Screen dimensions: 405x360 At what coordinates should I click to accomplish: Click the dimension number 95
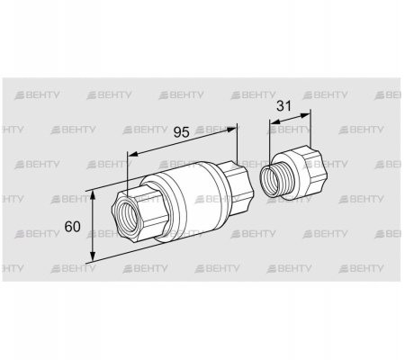(182, 132)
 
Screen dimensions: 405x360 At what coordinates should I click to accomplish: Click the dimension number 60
(72, 227)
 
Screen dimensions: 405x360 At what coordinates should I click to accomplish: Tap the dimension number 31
(283, 106)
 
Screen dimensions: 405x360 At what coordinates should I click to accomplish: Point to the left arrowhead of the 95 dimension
(133, 154)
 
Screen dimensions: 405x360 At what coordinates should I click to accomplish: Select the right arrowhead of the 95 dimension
(231, 130)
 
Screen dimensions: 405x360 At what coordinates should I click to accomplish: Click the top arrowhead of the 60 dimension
(93, 195)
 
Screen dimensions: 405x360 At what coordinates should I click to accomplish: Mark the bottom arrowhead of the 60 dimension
(93, 256)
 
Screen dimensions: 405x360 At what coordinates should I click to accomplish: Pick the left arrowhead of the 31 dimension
(274, 121)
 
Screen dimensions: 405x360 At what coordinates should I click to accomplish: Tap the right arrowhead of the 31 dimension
(305, 114)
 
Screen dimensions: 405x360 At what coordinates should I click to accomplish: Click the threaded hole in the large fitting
(127, 214)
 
